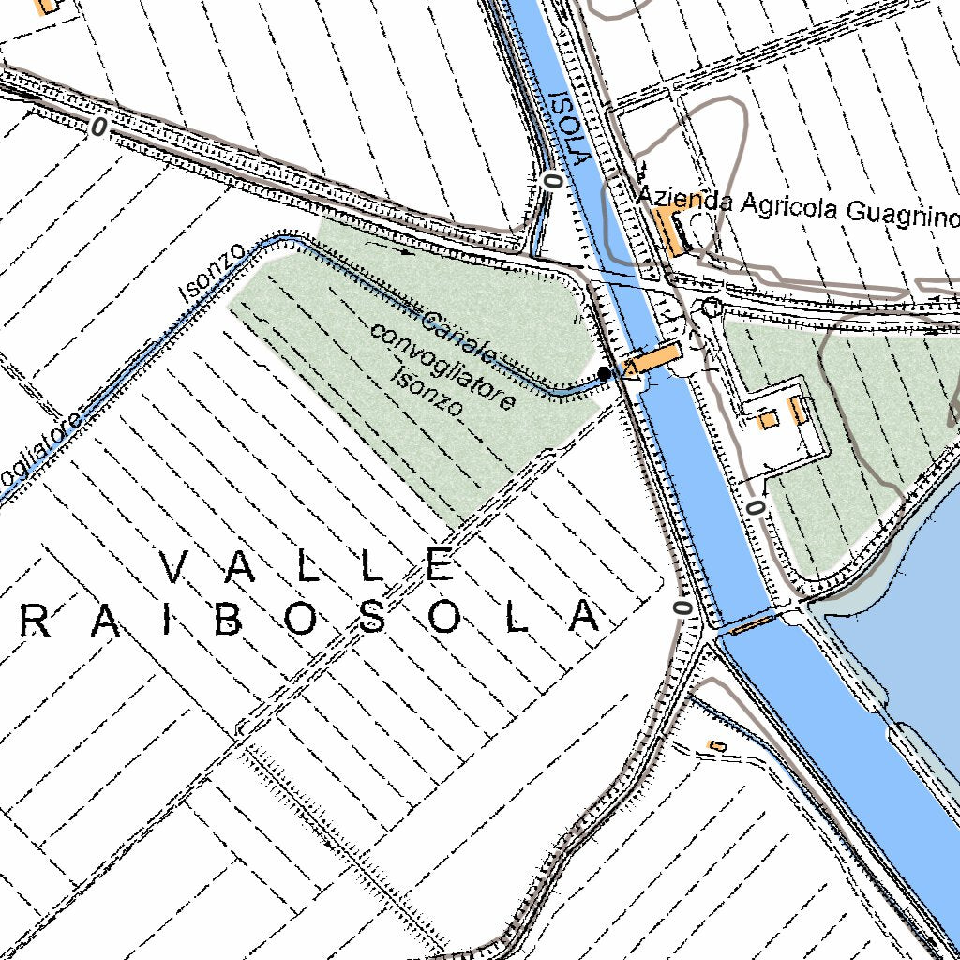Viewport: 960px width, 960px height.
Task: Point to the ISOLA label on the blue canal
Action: click(569, 127)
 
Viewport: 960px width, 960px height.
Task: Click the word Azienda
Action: click(684, 198)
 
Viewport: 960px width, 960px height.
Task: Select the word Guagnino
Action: click(903, 214)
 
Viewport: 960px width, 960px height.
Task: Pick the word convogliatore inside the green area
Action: click(442, 367)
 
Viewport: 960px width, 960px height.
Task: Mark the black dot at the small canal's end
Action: click(605, 373)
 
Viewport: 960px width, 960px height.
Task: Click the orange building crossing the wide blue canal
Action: click(654, 358)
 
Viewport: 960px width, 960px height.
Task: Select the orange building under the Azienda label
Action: click(670, 231)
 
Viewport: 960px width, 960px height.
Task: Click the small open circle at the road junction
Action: click(711, 307)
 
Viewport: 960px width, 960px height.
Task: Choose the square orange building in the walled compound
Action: click(768, 420)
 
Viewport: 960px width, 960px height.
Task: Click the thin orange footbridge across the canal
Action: click(752, 624)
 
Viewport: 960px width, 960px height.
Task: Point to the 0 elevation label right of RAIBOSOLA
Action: click(682, 607)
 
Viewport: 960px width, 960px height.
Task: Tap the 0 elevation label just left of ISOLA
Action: click(553, 180)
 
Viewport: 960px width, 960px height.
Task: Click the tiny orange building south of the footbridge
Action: click(716, 745)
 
